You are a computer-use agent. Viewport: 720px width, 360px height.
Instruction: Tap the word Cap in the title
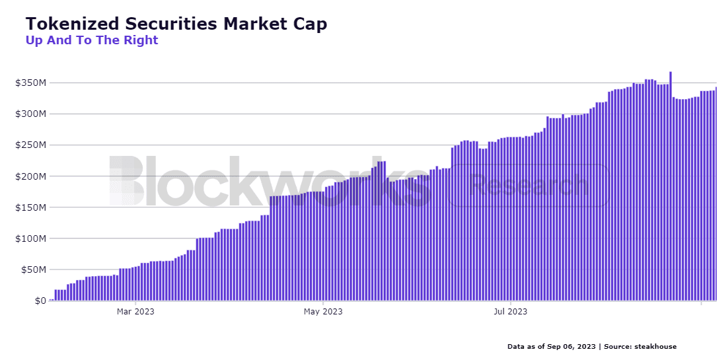pos(308,24)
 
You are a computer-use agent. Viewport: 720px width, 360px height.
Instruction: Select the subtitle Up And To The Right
pos(92,40)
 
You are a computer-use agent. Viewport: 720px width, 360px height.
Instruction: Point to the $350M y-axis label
pos(31,83)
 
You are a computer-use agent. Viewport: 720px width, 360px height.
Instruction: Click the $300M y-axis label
pos(31,114)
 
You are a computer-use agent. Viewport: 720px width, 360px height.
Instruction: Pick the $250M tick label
pos(31,145)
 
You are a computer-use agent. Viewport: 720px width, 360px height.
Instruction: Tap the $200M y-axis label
pos(31,176)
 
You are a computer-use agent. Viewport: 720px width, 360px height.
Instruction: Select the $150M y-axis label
pos(31,207)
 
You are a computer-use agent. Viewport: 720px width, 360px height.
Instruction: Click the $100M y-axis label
pos(31,238)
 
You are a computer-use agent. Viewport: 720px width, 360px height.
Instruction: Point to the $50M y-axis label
pos(33,270)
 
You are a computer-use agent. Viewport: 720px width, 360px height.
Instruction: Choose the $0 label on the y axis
pos(40,301)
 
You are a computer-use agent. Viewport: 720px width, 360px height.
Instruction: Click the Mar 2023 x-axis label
pos(135,311)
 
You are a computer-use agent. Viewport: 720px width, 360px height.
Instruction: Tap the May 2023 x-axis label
pos(323,311)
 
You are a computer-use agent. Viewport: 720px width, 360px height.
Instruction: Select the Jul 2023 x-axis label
pos(511,311)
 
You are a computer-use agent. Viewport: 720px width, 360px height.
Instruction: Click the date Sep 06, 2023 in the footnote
pos(572,347)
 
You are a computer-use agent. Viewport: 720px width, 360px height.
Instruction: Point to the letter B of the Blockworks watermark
pos(126,181)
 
